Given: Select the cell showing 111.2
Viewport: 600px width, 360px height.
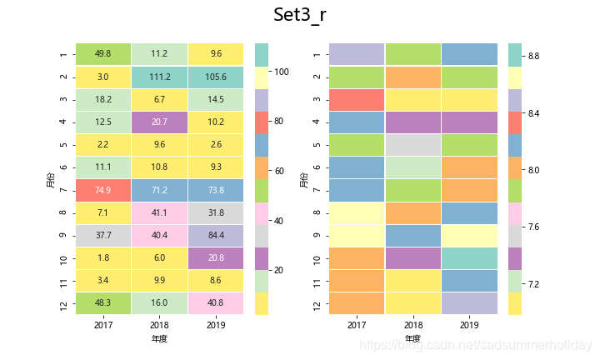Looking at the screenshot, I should click(x=159, y=77).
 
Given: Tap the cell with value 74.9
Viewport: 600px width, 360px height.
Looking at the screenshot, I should click(x=103, y=190).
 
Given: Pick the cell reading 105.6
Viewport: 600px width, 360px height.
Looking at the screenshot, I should click(x=216, y=77).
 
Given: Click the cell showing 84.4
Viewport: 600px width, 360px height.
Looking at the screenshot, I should click(x=216, y=235).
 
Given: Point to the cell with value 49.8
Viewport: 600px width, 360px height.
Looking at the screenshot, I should click(x=103, y=54).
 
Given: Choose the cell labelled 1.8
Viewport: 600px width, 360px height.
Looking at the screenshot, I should click(x=103, y=258).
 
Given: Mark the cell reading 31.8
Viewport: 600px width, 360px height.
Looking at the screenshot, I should click(x=216, y=212).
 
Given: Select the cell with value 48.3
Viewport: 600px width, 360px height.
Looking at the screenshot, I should click(x=103, y=303).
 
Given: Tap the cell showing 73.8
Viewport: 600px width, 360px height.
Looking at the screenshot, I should click(x=216, y=190).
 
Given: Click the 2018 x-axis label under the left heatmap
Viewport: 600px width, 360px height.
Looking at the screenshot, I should click(x=159, y=325).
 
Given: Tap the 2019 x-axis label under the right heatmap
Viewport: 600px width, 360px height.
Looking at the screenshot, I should click(x=469, y=325).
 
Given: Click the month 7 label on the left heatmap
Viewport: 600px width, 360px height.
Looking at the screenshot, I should click(x=64, y=190).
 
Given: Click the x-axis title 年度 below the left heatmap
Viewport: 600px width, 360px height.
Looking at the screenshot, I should click(x=159, y=339).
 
